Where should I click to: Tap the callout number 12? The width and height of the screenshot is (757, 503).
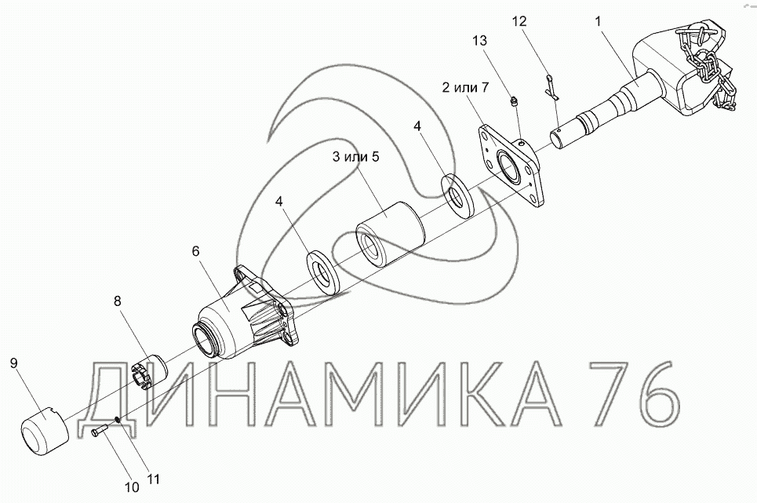pos(519,21)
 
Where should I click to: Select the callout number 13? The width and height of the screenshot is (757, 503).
pos(480,41)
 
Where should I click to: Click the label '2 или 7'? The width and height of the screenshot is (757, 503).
pos(465,87)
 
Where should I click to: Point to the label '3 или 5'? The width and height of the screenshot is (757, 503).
pos(356,157)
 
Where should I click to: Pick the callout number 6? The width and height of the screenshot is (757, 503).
pos(195,251)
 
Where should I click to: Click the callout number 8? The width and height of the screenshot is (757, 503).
pos(118,301)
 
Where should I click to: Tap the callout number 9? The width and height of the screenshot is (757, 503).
pos(14,363)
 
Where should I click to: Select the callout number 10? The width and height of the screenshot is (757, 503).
pos(132,487)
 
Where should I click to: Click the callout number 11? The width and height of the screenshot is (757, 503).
pos(153,479)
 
